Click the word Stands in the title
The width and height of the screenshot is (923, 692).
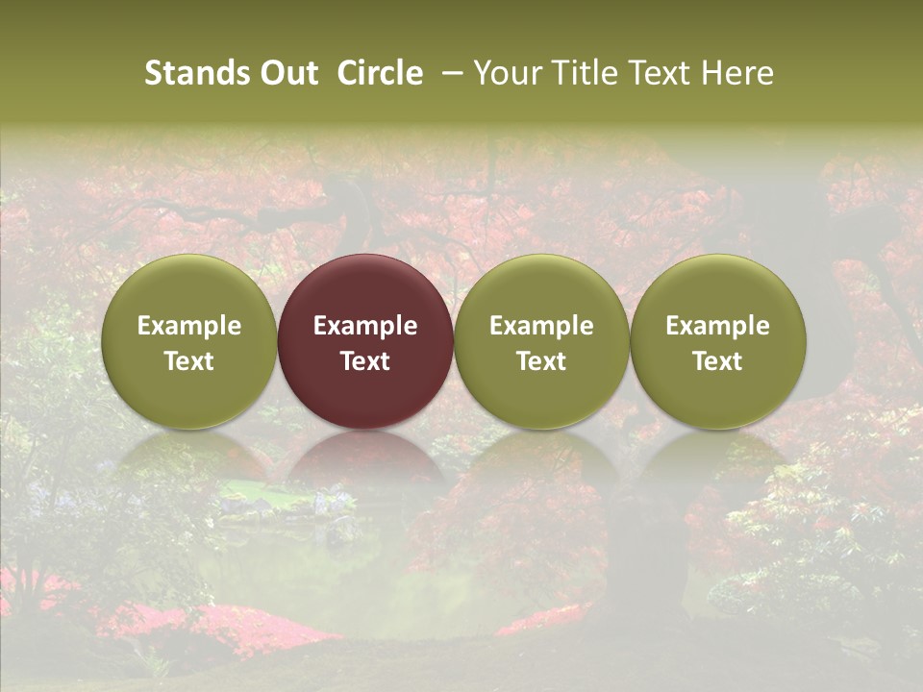tap(195, 73)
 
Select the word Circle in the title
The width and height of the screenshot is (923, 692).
tap(380, 73)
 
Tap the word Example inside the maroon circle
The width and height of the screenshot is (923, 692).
tap(365, 326)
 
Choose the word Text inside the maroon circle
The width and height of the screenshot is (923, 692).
tap(365, 361)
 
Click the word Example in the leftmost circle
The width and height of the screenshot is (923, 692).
tap(189, 326)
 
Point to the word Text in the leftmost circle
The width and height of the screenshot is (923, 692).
tap(189, 361)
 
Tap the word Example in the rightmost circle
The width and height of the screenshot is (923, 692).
tap(718, 326)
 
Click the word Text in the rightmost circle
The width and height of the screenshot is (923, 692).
tap(718, 361)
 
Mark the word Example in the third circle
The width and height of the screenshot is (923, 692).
tap(541, 326)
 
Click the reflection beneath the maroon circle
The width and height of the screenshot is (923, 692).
tap(365, 461)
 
